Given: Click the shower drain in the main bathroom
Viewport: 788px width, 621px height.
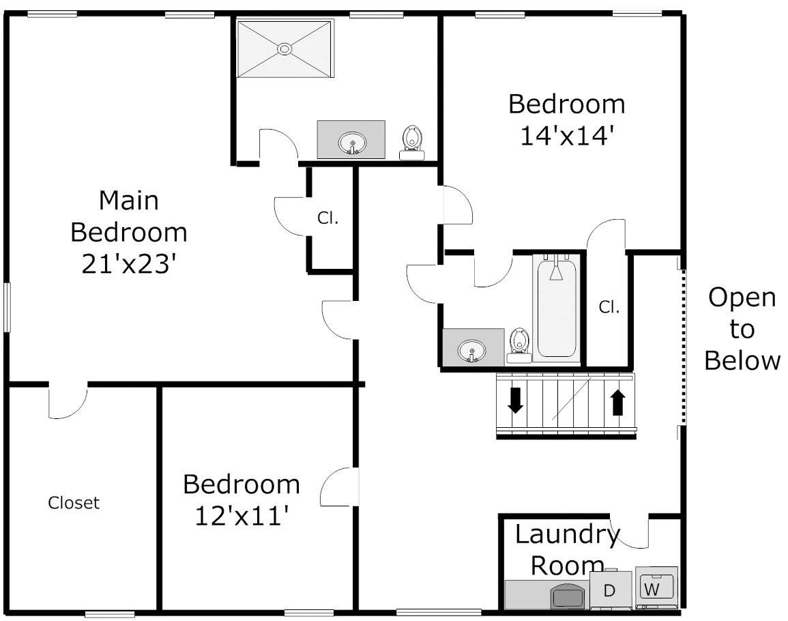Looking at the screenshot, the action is [x=285, y=48].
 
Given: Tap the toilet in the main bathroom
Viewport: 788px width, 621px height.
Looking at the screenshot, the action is [x=412, y=143].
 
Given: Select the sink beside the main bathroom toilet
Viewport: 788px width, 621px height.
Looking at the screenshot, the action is [x=352, y=143].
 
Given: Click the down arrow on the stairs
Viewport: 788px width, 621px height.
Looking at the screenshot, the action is [x=515, y=400].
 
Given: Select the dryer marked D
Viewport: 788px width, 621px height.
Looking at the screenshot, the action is [x=610, y=590].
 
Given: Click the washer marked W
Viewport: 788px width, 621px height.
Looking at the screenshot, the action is [x=656, y=588].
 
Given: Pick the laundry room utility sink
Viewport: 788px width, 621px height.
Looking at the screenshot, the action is [x=568, y=596].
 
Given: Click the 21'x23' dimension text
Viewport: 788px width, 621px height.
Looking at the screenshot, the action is [x=129, y=263].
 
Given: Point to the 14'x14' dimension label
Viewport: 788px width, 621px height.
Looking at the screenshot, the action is [x=567, y=136].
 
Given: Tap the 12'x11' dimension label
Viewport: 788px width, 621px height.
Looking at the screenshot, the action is [x=242, y=516].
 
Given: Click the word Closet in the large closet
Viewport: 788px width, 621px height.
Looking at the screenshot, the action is [x=74, y=502].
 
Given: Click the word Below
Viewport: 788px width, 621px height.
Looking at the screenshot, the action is [x=742, y=360].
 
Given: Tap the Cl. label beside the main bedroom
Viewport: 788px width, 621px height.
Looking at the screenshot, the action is [x=327, y=218].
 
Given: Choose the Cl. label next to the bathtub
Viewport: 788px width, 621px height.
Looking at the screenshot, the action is [x=609, y=306].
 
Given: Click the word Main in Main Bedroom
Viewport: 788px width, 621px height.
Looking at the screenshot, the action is [x=129, y=200].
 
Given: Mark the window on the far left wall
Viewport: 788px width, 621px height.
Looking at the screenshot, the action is [x=7, y=307].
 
